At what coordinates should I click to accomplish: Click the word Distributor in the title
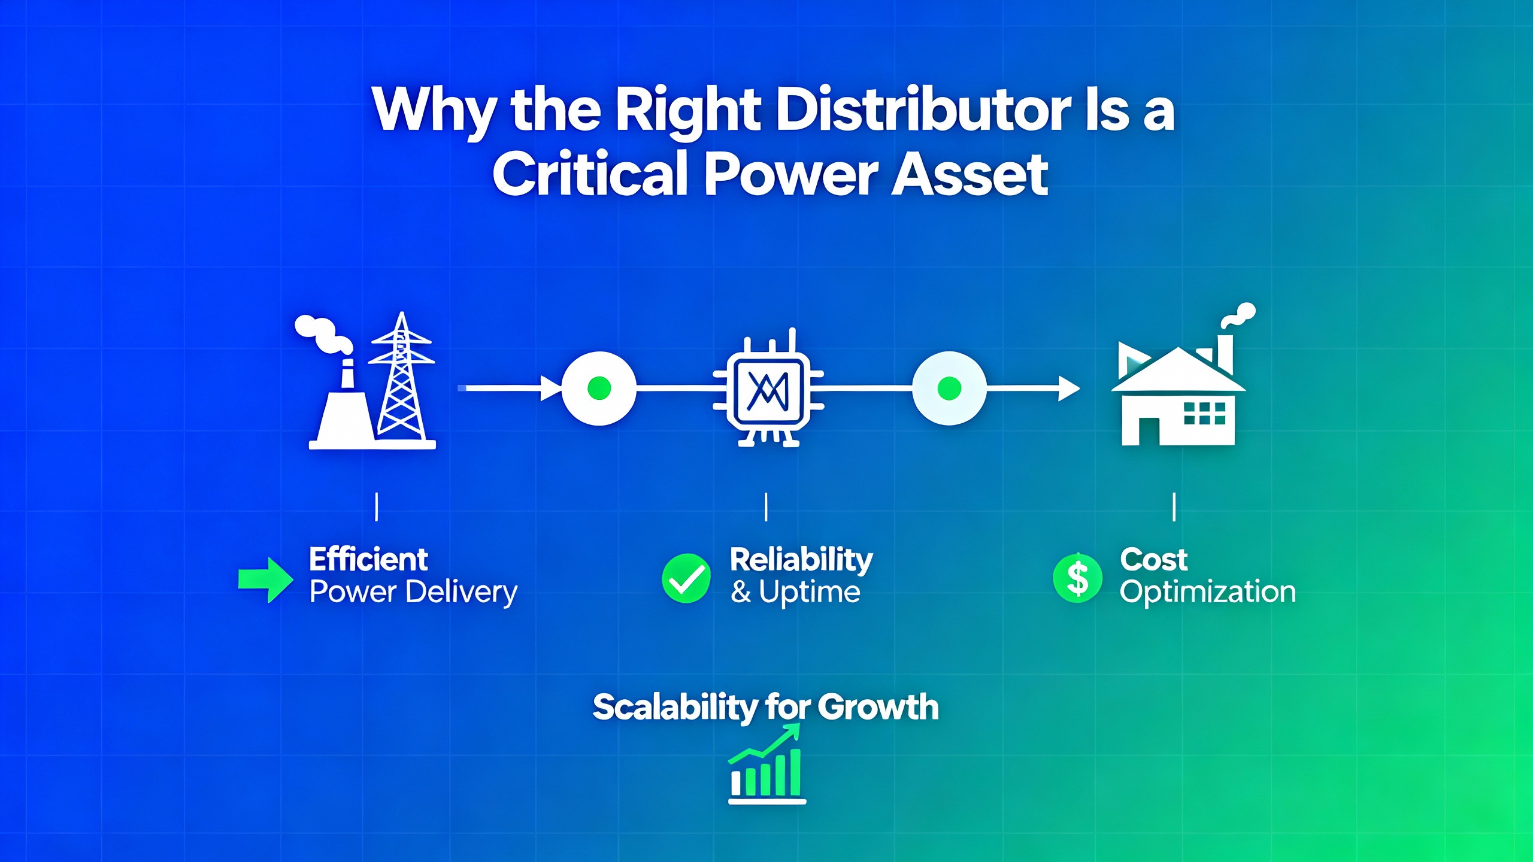[x=923, y=110]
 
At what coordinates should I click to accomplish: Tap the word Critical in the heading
[x=590, y=174]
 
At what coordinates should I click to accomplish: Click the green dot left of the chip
[x=599, y=388]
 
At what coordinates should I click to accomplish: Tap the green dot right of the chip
[x=949, y=388]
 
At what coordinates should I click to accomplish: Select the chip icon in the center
[x=768, y=388]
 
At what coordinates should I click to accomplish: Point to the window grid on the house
[x=1205, y=413]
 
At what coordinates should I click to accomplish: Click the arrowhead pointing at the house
[x=1070, y=388]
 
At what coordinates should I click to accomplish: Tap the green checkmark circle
[x=686, y=578]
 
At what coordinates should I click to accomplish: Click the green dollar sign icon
[x=1077, y=578]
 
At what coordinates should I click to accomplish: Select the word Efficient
[x=368, y=560]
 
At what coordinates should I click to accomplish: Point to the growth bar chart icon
[x=766, y=763]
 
